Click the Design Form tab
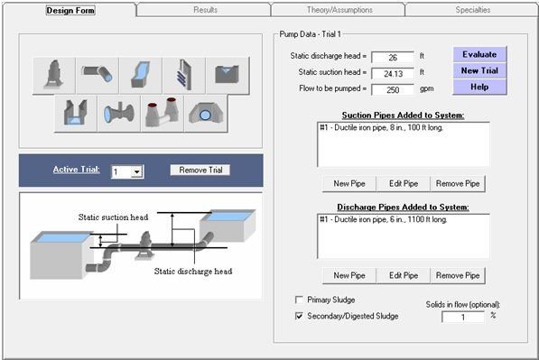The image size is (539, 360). click(x=70, y=10)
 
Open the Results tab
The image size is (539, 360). click(x=204, y=10)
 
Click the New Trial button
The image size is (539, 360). click(x=479, y=70)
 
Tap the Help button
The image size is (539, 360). click(x=479, y=87)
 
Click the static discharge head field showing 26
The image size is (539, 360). click(x=392, y=57)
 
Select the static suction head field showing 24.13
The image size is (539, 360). click(x=392, y=73)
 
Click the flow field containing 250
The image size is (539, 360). click(x=392, y=89)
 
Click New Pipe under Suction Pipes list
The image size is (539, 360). click(x=348, y=183)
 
